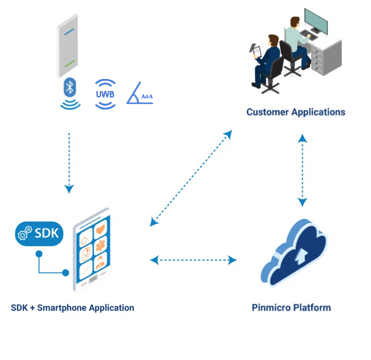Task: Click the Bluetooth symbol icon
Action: click(x=70, y=87)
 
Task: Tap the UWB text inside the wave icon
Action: click(x=105, y=94)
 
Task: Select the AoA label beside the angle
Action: click(x=147, y=96)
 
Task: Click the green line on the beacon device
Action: click(x=70, y=63)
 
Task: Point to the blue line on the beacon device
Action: click(x=69, y=32)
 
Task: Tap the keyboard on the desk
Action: click(x=309, y=35)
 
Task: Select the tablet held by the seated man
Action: click(x=257, y=52)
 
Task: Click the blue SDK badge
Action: click(x=39, y=233)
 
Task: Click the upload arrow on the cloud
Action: click(x=301, y=256)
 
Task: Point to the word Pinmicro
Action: click(x=271, y=308)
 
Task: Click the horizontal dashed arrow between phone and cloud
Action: click(x=193, y=260)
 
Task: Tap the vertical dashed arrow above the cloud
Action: click(x=303, y=170)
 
